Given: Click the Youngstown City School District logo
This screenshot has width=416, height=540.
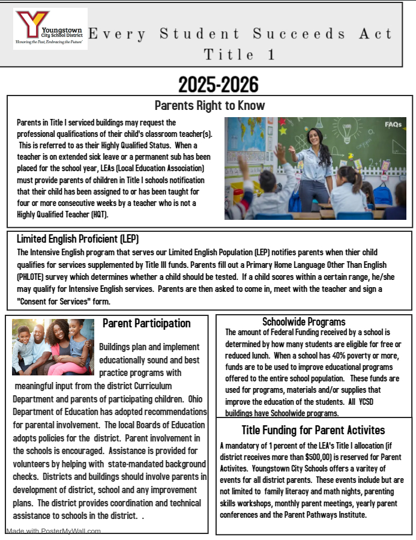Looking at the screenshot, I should [x=50, y=28].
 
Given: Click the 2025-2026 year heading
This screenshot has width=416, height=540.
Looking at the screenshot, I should [x=219, y=85].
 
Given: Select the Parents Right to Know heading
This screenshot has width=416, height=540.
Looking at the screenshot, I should [x=210, y=106].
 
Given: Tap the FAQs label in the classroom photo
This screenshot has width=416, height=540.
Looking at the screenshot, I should [x=393, y=124].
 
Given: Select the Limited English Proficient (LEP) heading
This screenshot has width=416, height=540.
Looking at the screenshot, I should [x=77, y=238].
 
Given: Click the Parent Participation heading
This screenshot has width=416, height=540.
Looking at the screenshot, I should [x=146, y=324].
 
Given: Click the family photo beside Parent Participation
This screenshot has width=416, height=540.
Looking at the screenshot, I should [x=53, y=347].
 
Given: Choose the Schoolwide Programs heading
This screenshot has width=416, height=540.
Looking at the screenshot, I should [x=304, y=322].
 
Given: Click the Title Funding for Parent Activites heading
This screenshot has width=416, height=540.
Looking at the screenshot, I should [x=313, y=430].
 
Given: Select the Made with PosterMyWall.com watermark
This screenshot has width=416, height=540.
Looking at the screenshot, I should [x=53, y=531].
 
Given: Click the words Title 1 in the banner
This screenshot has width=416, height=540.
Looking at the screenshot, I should [x=240, y=55].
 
